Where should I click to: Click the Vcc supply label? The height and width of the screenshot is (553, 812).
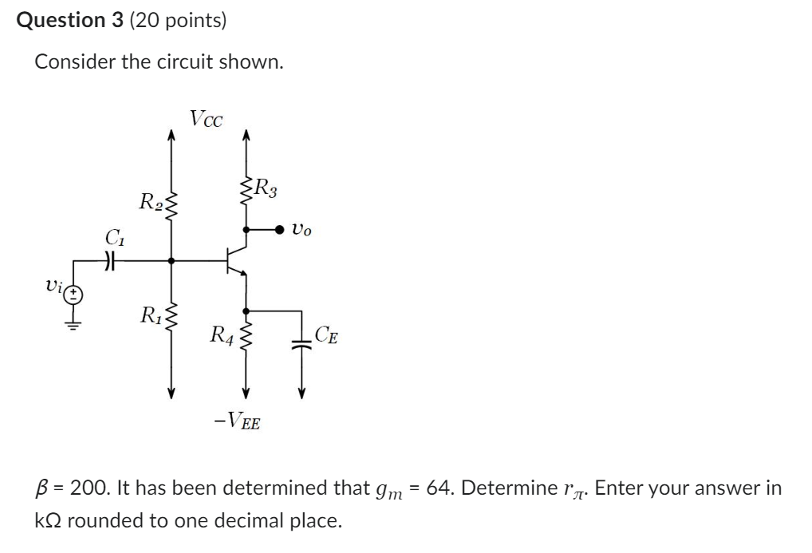207,119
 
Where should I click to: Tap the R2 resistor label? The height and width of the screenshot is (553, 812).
149,201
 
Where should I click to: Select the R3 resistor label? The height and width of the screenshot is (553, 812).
265,189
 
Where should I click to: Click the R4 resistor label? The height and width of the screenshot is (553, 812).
220,334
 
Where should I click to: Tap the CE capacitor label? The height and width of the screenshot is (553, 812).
325,335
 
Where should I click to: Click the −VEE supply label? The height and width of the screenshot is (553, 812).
238,419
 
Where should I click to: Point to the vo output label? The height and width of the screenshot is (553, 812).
302,230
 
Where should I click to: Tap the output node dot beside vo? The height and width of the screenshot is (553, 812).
280,230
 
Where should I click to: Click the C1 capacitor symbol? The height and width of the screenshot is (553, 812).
112,259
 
